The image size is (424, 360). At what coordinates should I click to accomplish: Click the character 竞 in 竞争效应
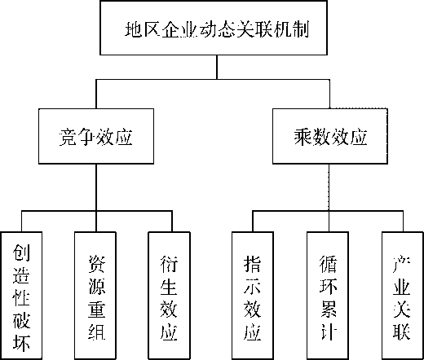point(68,137)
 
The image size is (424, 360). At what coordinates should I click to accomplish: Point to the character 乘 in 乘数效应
point(303,137)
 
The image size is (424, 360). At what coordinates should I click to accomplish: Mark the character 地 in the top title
point(134,29)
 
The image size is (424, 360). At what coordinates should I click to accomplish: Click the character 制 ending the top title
point(301,29)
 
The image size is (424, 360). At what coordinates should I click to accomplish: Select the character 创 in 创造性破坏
point(21,252)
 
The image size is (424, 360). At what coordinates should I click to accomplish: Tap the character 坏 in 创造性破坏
point(21,343)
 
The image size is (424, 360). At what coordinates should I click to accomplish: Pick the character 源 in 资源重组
point(97,287)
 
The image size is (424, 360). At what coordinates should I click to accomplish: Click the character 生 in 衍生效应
point(169,287)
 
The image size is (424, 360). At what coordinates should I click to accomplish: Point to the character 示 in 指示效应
point(252,287)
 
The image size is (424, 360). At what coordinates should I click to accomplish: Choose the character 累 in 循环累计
point(329,310)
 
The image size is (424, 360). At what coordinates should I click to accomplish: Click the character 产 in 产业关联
point(401,264)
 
